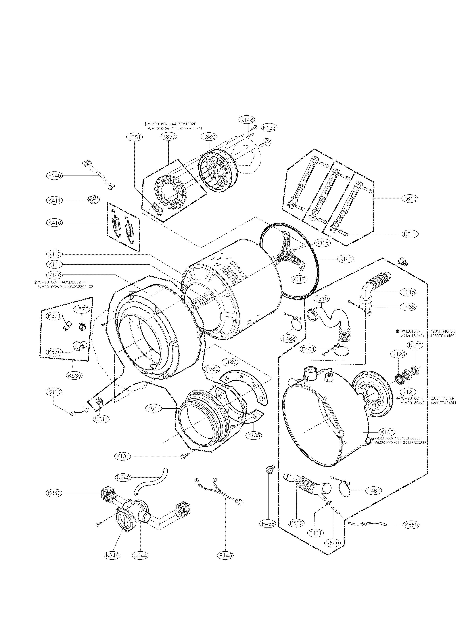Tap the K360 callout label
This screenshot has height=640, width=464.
click(x=209, y=137)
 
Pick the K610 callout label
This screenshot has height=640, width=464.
click(x=410, y=199)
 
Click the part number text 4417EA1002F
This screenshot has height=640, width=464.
click(x=184, y=124)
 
